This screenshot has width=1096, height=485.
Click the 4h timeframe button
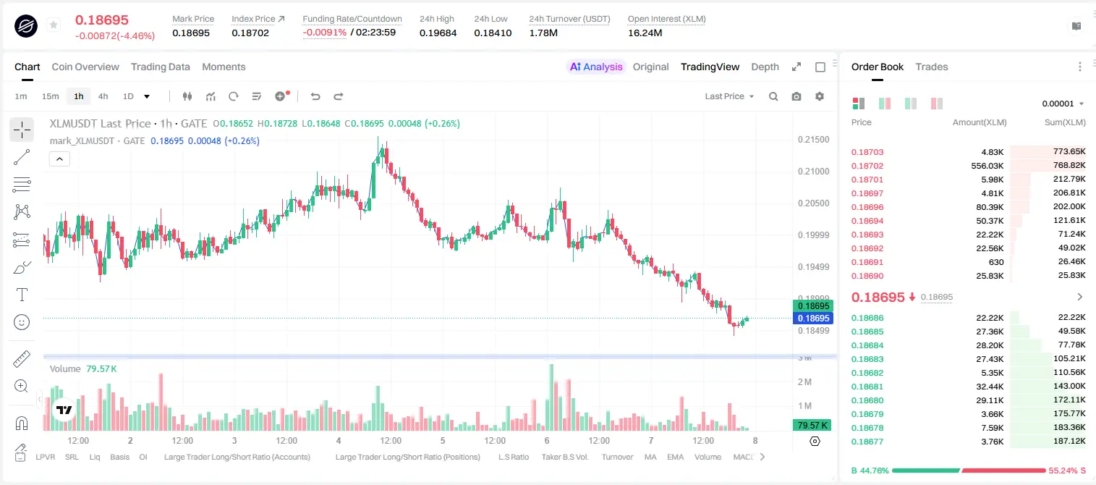(103, 96)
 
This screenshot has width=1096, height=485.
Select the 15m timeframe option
(50, 96)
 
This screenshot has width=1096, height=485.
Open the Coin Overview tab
(85, 67)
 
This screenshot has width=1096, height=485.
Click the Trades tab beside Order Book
(932, 67)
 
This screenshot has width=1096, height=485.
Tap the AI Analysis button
(596, 67)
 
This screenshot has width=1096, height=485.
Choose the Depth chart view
(765, 67)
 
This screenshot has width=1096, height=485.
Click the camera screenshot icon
(796, 96)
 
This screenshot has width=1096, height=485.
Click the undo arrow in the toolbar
(315, 96)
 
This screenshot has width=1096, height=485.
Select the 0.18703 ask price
(867, 152)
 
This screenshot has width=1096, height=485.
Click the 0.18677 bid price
(867, 442)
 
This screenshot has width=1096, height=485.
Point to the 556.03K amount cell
(987, 166)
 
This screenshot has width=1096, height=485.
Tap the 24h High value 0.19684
(438, 33)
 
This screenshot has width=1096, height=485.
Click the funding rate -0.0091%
(324, 33)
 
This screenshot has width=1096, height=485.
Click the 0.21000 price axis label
(813, 172)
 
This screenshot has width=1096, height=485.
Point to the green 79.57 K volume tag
(812, 426)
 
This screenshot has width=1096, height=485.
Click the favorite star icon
(54, 25)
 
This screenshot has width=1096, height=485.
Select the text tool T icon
(22, 295)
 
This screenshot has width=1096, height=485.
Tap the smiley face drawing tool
(22, 322)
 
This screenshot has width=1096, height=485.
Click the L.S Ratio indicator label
(513, 457)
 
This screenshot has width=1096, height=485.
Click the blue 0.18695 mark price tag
(812, 318)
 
